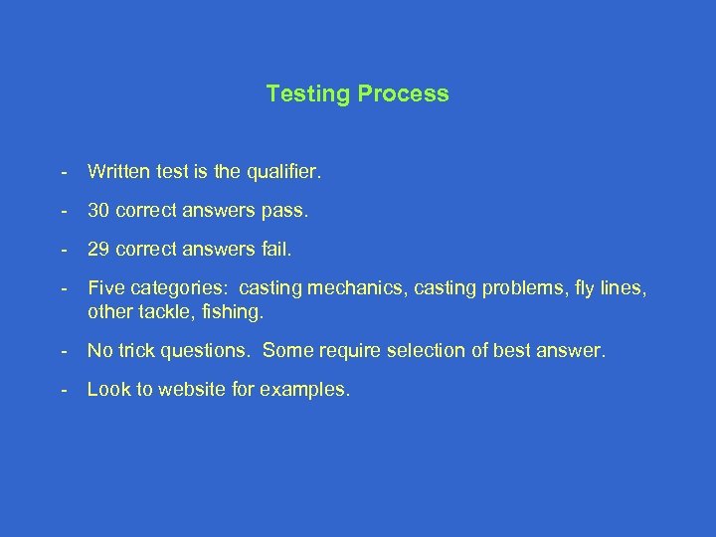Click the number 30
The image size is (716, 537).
pyautogui.click(x=98, y=212)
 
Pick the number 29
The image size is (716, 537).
pyautogui.click(x=98, y=251)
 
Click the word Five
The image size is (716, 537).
pyautogui.click(x=105, y=289)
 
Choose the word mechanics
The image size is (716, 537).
pyautogui.click(x=350, y=289)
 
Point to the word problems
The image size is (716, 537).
pyautogui.click(x=515, y=289)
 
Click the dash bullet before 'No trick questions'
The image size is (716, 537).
pyautogui.click(x=65, y=350)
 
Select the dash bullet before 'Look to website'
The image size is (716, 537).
pyautogui.click(x=65, y=390)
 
